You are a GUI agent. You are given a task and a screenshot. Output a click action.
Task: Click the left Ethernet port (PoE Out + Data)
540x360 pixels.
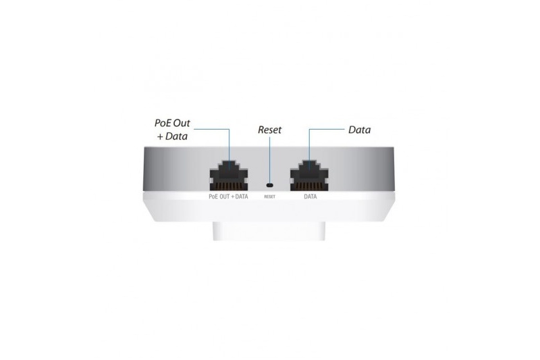229,176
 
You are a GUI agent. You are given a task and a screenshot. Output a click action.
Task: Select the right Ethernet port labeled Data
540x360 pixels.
309,176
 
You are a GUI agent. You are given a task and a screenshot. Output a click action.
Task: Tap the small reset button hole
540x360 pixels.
269,185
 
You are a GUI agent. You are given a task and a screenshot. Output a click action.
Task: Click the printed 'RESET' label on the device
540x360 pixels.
269,197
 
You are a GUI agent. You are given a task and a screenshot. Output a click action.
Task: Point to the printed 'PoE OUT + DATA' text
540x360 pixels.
228,197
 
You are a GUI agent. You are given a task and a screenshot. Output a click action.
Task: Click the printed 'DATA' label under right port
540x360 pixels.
310,197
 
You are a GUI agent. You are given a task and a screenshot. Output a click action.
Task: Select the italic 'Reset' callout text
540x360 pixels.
269,130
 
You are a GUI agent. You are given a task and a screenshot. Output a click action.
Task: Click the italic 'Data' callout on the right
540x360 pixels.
360,130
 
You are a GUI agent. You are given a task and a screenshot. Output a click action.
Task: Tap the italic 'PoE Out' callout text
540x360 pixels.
172,123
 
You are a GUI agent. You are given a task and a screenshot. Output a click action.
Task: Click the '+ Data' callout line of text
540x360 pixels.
172,136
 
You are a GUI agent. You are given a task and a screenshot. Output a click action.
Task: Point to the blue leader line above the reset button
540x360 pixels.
269,159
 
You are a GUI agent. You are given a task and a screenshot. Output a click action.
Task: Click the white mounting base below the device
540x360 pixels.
269,231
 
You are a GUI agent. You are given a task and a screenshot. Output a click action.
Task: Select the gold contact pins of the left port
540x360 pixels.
229,186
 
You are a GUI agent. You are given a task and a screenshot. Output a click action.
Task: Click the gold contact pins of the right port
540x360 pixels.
309,186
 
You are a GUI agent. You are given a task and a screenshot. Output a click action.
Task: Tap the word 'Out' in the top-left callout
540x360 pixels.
182,123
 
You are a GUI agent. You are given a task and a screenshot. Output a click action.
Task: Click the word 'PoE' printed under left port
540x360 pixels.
213,197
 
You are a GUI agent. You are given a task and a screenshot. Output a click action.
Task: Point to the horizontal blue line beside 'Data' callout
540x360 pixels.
327,130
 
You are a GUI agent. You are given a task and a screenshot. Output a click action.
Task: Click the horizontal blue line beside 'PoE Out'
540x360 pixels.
211,130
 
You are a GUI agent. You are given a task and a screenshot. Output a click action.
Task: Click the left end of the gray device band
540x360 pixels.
144,169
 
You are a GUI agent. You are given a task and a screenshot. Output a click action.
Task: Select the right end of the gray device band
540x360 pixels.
392,169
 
